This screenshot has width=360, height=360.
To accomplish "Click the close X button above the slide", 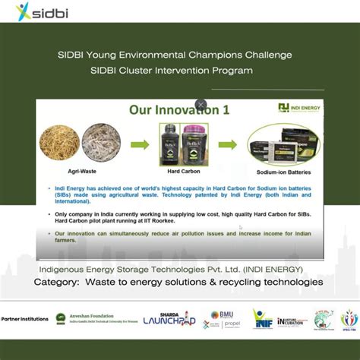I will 201,105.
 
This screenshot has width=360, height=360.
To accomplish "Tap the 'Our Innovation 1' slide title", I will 178,110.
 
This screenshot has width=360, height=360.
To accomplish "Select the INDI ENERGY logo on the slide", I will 299,108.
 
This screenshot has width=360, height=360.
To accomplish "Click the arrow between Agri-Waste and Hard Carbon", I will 140,144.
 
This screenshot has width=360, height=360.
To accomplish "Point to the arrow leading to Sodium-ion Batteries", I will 227,144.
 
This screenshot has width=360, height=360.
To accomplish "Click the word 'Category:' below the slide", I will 58,282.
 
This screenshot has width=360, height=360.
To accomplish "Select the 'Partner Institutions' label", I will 25,318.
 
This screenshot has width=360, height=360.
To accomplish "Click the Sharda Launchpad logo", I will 169,319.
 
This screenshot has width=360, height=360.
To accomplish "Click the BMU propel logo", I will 221,319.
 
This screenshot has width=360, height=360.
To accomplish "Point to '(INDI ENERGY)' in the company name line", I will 269,269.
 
